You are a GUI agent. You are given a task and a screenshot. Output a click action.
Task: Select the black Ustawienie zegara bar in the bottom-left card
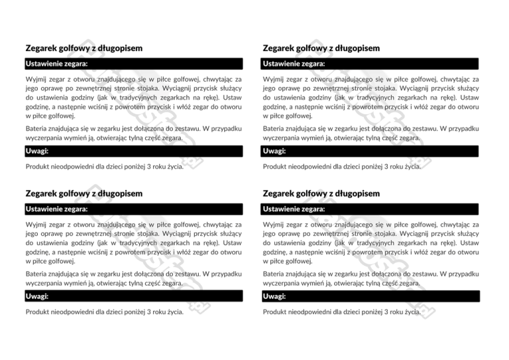(133, 209)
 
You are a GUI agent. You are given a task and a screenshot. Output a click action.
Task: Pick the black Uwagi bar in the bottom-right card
(370, 296)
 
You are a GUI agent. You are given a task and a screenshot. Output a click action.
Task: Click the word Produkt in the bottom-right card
(276, 312)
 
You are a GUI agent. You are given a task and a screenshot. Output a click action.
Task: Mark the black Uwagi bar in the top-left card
(133, 151)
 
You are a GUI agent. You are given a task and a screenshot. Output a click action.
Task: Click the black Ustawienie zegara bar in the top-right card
(370, 64)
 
